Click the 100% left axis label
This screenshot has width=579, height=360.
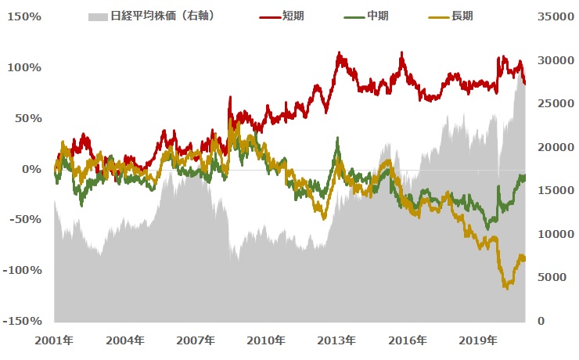coord(26,68)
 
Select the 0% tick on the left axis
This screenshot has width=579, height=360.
coord(32,169)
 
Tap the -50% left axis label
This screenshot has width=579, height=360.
coord(26,220)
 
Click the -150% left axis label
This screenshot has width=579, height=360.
coord(23,321)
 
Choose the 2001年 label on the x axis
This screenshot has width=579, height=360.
coord(55,340)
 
